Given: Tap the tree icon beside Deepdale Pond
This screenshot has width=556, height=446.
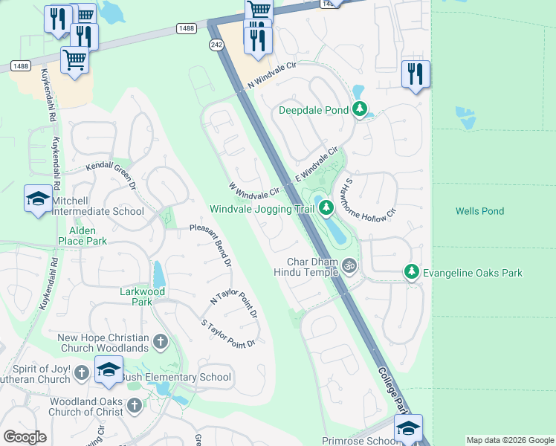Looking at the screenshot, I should click(361, 111).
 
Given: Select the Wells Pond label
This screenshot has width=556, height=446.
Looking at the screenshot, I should click(479, 211).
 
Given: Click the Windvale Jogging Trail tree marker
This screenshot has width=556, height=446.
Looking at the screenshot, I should click(326, 210).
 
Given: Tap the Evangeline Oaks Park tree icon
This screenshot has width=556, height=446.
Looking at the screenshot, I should click(411, 273).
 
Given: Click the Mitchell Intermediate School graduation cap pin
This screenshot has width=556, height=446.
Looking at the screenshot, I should click(38, 198).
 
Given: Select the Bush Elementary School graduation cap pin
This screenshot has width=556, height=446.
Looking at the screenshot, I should click(109, 369).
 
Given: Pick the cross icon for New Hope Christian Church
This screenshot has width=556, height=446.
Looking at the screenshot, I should click(160, 342).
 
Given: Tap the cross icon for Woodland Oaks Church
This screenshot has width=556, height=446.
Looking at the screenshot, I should click(135, 405).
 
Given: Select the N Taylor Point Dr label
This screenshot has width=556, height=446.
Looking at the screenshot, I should click(234, 303).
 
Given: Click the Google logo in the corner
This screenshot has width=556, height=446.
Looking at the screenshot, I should click(25, 437).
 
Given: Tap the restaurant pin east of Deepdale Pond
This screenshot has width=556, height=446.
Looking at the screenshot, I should click(416, 74).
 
